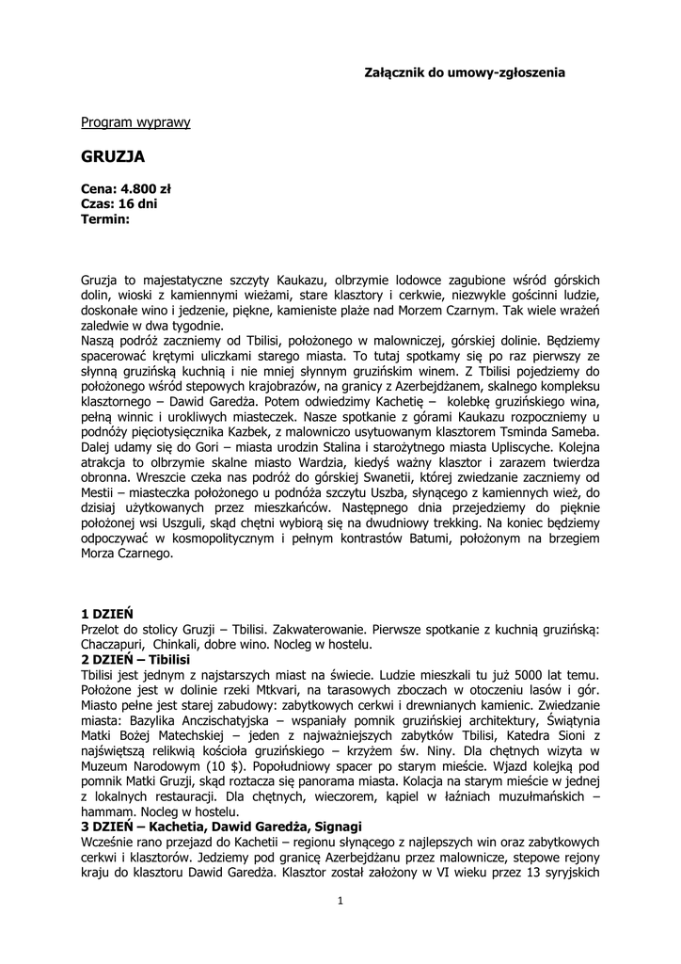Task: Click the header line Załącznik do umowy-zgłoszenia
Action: tap(465, 72)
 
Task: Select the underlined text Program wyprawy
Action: tap(135, 122)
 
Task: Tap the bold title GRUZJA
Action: tap(113, 155)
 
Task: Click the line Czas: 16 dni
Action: tap(119, 203)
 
